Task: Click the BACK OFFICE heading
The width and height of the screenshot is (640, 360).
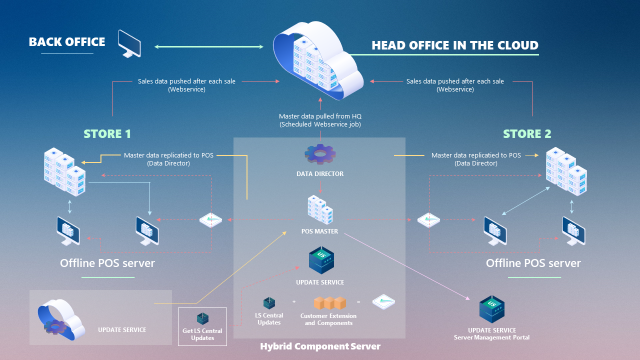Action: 67,42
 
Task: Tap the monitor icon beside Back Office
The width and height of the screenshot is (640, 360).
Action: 129,43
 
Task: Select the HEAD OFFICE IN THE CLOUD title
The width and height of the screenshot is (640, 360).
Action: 454,45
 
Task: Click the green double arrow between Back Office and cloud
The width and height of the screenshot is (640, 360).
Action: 209,47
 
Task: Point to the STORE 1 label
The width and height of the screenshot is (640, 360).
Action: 107,134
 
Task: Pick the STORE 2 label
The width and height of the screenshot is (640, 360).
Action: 526,134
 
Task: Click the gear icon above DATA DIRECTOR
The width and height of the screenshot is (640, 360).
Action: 320,154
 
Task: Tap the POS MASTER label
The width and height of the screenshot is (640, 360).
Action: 320,231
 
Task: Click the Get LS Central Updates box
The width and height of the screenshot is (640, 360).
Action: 202,326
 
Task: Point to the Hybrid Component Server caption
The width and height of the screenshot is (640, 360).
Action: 320,346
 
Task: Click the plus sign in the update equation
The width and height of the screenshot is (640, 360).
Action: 294,302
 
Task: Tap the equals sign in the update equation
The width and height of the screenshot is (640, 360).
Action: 358,302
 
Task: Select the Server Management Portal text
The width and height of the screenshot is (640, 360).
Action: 491,337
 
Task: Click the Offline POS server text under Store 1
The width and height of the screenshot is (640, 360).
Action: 107,263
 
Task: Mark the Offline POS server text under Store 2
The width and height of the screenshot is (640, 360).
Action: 533,263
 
